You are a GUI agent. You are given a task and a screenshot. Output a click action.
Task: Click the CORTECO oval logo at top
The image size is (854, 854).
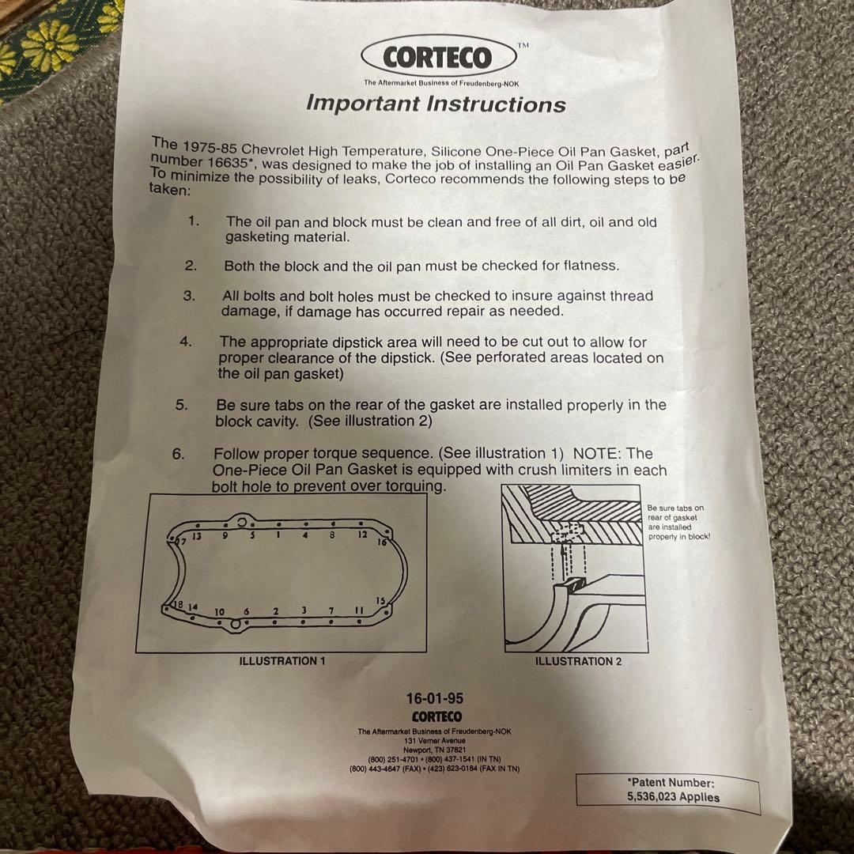tap(438, 57)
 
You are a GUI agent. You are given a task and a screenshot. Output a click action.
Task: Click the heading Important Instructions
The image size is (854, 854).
tap(436, 104)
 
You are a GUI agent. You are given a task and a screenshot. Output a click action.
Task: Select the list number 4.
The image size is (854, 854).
tap(186, 342)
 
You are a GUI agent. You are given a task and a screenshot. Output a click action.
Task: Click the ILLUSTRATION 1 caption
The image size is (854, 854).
tap(282, 660)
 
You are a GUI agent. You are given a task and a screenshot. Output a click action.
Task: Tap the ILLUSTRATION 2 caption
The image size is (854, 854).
tap(578, 661)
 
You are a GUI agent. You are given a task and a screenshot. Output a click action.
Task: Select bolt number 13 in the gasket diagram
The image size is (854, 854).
tap(197, 536)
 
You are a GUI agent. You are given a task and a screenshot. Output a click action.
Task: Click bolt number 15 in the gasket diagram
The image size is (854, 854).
tap(380, 600)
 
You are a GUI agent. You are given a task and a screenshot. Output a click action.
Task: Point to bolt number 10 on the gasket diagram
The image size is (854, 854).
tap(220, 611)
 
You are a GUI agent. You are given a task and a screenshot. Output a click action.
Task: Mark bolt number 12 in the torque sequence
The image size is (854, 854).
tap(363, 535)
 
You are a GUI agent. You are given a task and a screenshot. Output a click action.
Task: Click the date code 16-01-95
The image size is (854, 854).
tap(435, 698)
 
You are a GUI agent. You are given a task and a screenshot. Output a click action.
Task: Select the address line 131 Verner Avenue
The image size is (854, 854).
tap(435, 741)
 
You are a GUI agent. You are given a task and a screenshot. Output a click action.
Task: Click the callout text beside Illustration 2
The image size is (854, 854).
tap(678, 522)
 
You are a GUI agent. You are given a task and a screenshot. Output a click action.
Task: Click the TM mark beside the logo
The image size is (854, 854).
tap(523, 46)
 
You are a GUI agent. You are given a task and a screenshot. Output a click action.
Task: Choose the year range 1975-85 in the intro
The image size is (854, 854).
tap(209, 147)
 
